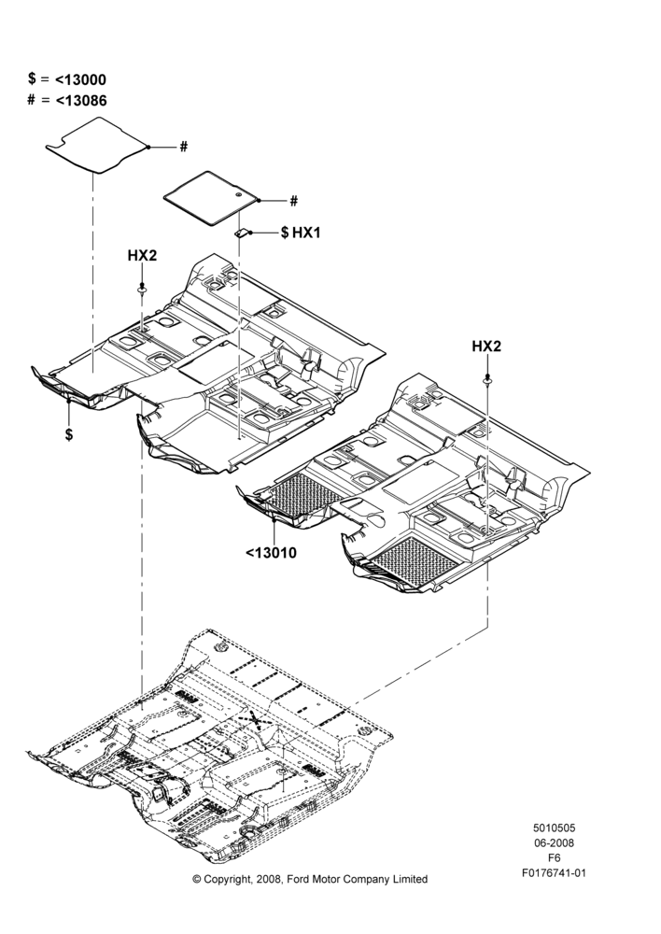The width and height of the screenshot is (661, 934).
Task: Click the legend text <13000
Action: click(x=80, y=79)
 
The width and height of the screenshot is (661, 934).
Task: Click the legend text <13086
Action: click(x=81, y=100)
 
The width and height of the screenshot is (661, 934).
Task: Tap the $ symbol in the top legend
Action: click(x=32, y=78)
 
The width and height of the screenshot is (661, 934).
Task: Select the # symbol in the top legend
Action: click(x=32, y=100)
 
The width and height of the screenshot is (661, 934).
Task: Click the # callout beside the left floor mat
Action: click(x=184, y=147)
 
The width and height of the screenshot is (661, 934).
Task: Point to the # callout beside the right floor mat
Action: click(x=293, y=202)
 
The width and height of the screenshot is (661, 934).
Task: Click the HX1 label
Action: click(x=306, y=233)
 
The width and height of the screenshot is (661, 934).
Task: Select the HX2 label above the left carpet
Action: click(x=142, y=256)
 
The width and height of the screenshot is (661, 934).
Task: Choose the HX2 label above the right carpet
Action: click(x=486, y=347)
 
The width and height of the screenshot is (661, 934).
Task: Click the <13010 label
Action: click(x=271, y=553)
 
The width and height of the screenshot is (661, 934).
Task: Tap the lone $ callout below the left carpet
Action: click(x=69, y=435)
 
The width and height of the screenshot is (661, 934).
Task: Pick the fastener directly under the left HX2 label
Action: click(x=142, y=290)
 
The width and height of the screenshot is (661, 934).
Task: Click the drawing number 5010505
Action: click(x=554, y=828)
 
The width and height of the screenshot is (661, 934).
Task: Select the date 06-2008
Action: click(x=554, y=842)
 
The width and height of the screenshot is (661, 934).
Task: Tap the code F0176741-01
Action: click(x=554, y=873)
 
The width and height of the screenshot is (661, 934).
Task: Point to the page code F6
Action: click(x=555, y=858)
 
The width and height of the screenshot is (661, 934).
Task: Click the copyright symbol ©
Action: click(x=196, y=879)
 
